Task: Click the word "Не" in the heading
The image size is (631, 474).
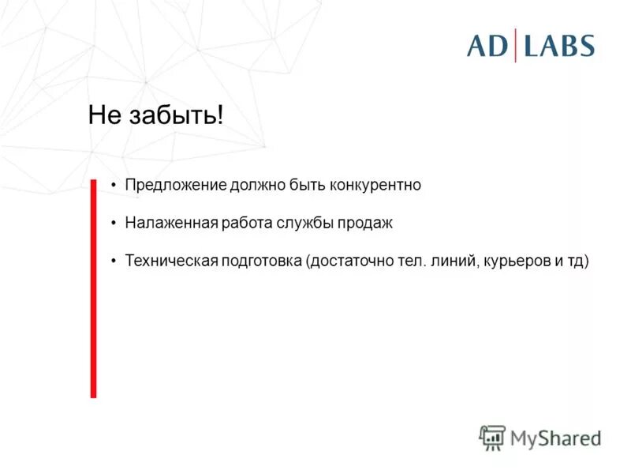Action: pyautogui.click(x=103, y=116)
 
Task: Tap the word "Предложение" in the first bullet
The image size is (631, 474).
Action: pyautogui.click(x=176, y=185)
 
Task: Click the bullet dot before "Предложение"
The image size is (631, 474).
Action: pyautogui.click(x=114, y=186)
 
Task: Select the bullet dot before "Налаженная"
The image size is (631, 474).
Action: pyautogui.click(x=114, y=224)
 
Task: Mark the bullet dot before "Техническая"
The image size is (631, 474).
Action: pyautogui.click(x=114, y=261)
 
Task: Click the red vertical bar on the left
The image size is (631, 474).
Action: pyautogui.click(x=93, y=288)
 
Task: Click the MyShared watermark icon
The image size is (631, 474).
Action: pyautogui.click(x=492, y=437)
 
